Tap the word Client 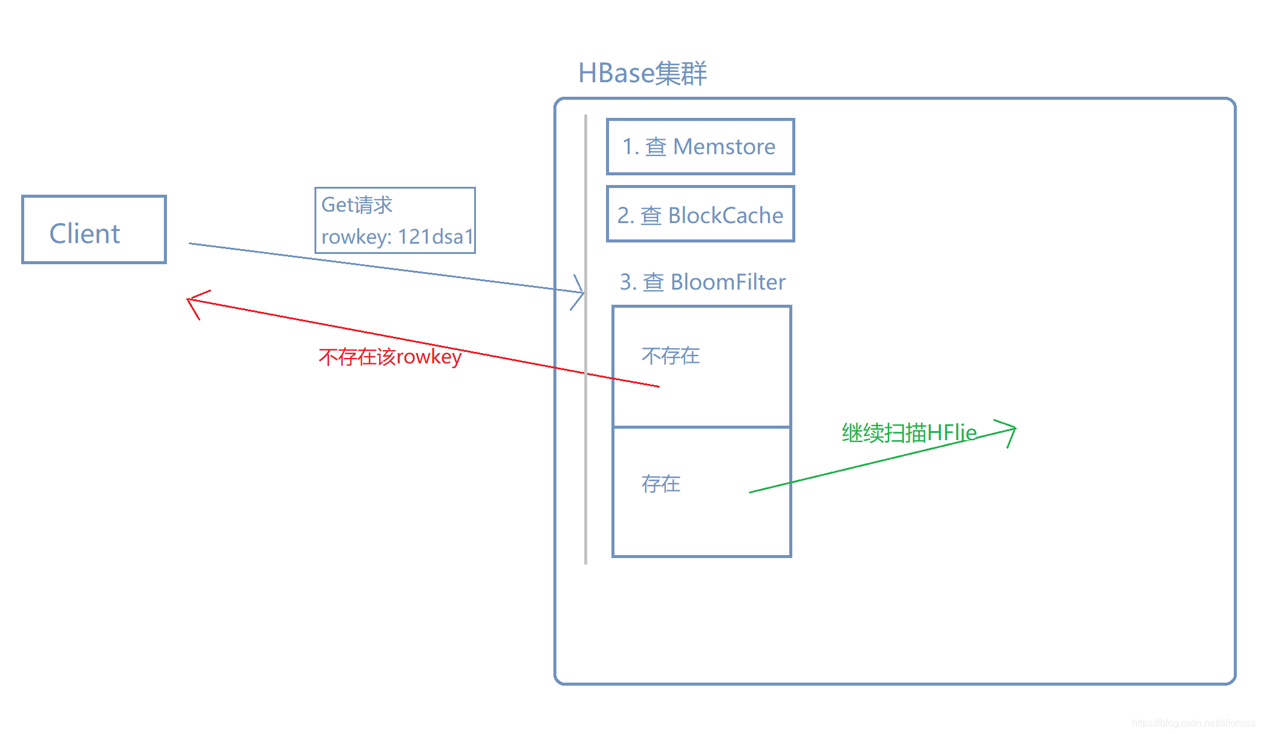(85, 234)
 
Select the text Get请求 (357, 205)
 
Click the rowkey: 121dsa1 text (397, 236)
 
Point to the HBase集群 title (642, 73)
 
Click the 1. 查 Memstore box (700, 147)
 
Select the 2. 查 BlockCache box (700, 214)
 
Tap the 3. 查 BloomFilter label (702, 282)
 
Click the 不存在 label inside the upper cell (670, 356)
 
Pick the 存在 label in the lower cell (660, 484)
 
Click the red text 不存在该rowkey (390, 357)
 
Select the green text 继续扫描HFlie (908, 433)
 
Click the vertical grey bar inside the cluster (585, 423)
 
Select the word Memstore (724, 147)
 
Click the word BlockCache (725, 215)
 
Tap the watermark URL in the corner (1193, 723)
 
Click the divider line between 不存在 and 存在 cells (702, 427)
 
